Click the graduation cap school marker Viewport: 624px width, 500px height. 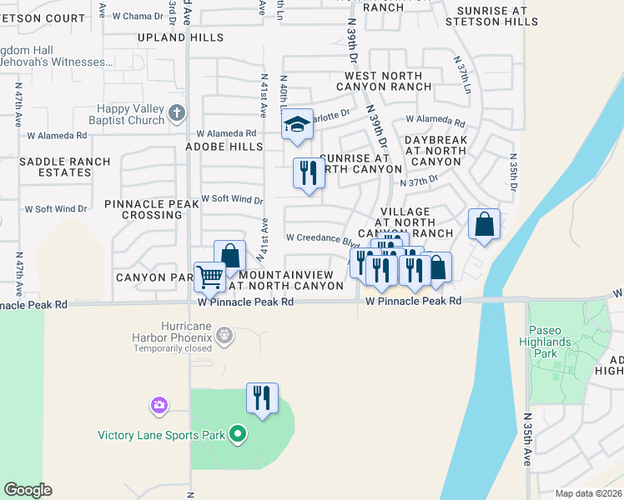(296, 125)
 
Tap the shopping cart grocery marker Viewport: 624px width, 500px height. (209, 275)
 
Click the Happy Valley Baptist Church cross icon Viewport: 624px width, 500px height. (176, 113)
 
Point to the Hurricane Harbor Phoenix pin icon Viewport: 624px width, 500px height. (224, 336)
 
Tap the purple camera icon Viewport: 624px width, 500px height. (159, 406)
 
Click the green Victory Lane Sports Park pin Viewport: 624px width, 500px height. (238, 434)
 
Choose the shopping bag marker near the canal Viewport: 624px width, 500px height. (484, 224)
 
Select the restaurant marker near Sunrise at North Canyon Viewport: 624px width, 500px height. (309, 173)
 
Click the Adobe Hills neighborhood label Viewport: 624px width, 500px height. (228, 147)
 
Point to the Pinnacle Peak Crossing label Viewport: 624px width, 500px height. (143, 209)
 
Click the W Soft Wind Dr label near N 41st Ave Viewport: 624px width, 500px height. (233, 200)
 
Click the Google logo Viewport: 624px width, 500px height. (28, 490)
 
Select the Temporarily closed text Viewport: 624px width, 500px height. (174, 348)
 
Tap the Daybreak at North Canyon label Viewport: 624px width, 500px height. (435, 151)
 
